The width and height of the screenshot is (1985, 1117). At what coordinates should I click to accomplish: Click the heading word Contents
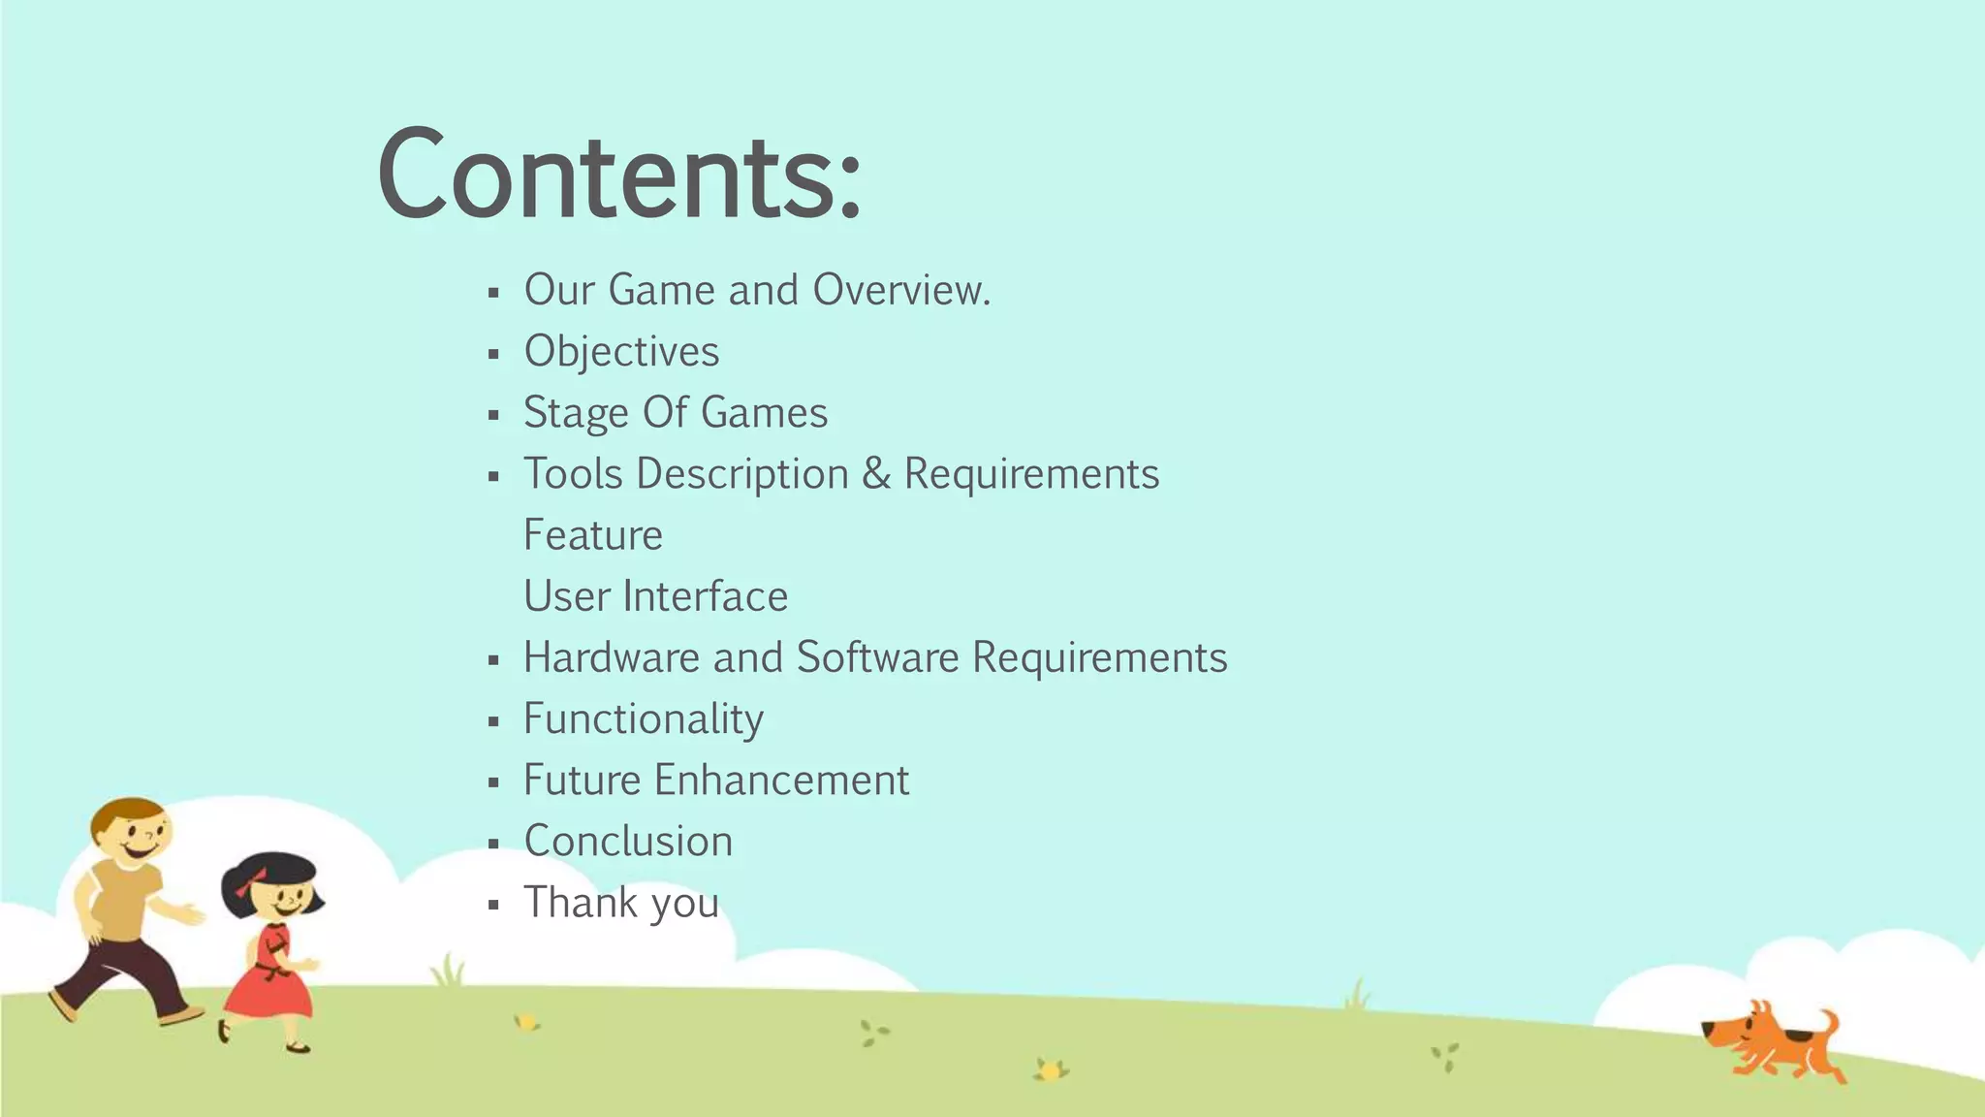pyautogui.click(x=618, y=175)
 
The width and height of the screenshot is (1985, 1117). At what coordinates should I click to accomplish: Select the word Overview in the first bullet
pyautogui.click(x=901, y=290)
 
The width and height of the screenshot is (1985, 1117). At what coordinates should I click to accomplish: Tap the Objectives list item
pyautogui.click(x=621, y=352)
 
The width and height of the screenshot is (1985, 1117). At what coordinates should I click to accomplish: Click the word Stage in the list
pyautogui.click(x=576, y=413)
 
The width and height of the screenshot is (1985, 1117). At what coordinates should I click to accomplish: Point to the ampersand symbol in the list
pyautogui.click(x=875, y=474)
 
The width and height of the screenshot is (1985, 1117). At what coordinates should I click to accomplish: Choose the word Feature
pyautogui.click(x=592, y=535)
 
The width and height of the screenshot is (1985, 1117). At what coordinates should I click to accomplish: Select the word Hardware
pyautogui.click(x=612, y=657)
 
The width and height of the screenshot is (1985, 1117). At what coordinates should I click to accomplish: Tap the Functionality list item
pyautogui.click(x=643, y=719)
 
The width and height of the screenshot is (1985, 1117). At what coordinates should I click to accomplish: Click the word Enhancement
pyautogui.click(x=781, y=781)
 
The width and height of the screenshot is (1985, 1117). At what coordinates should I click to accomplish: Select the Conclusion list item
pyautogui.click(x=628, y=842)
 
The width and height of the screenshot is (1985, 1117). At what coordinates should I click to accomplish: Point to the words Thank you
pyautogui.click(x=621, y=903)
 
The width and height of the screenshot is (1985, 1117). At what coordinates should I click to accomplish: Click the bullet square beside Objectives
pyautogui.click(x=493, y=354)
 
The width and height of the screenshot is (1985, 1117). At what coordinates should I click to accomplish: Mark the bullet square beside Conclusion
pyautogui.click(x=493, y=844)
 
